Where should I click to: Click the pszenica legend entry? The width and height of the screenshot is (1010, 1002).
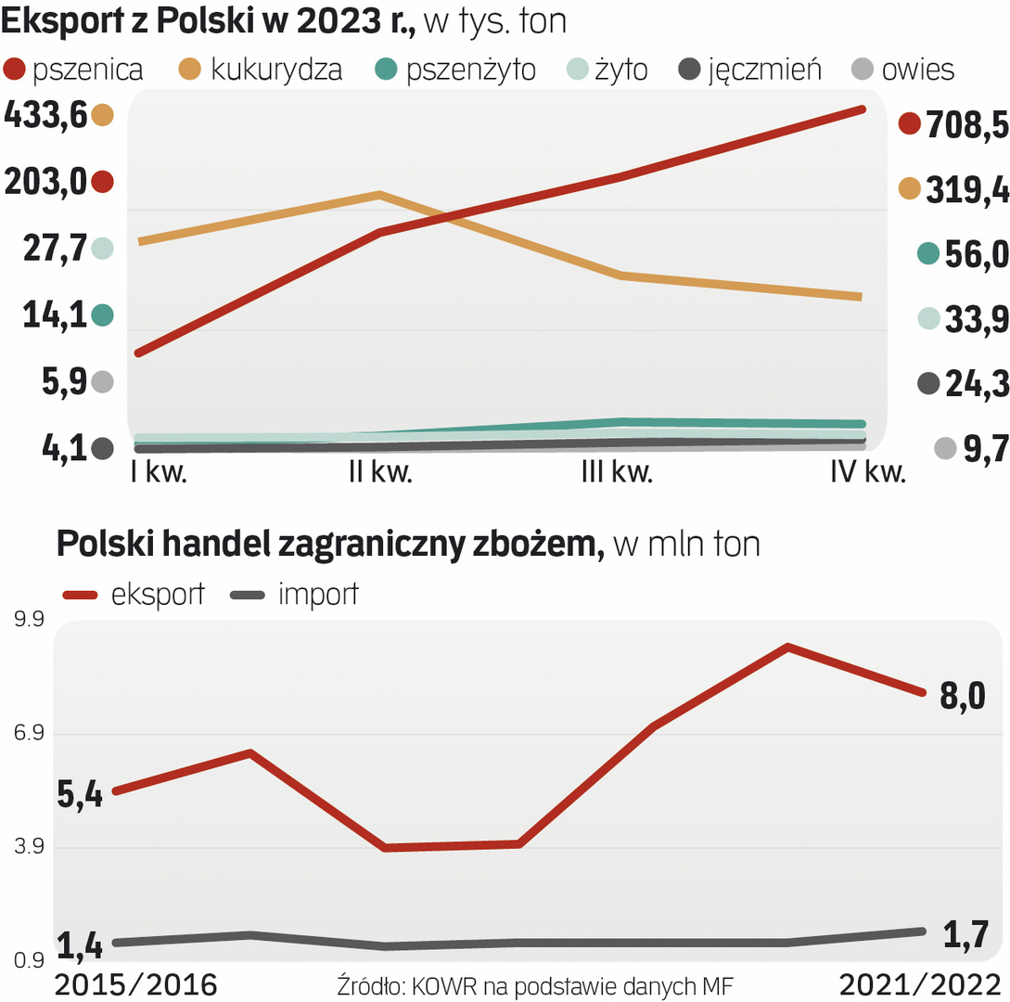tap(75, 71)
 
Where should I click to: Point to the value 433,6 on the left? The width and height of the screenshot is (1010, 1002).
tap(45, 115)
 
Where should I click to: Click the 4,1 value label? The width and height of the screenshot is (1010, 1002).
tap(45, 448)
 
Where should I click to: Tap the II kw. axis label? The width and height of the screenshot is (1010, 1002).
tap(381, 472)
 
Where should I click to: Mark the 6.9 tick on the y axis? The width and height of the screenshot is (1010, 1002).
tap(32, 734)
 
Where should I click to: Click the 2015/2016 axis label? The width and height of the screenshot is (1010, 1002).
tap(136, 984)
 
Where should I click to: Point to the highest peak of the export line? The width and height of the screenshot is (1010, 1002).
tap(787, 647)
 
